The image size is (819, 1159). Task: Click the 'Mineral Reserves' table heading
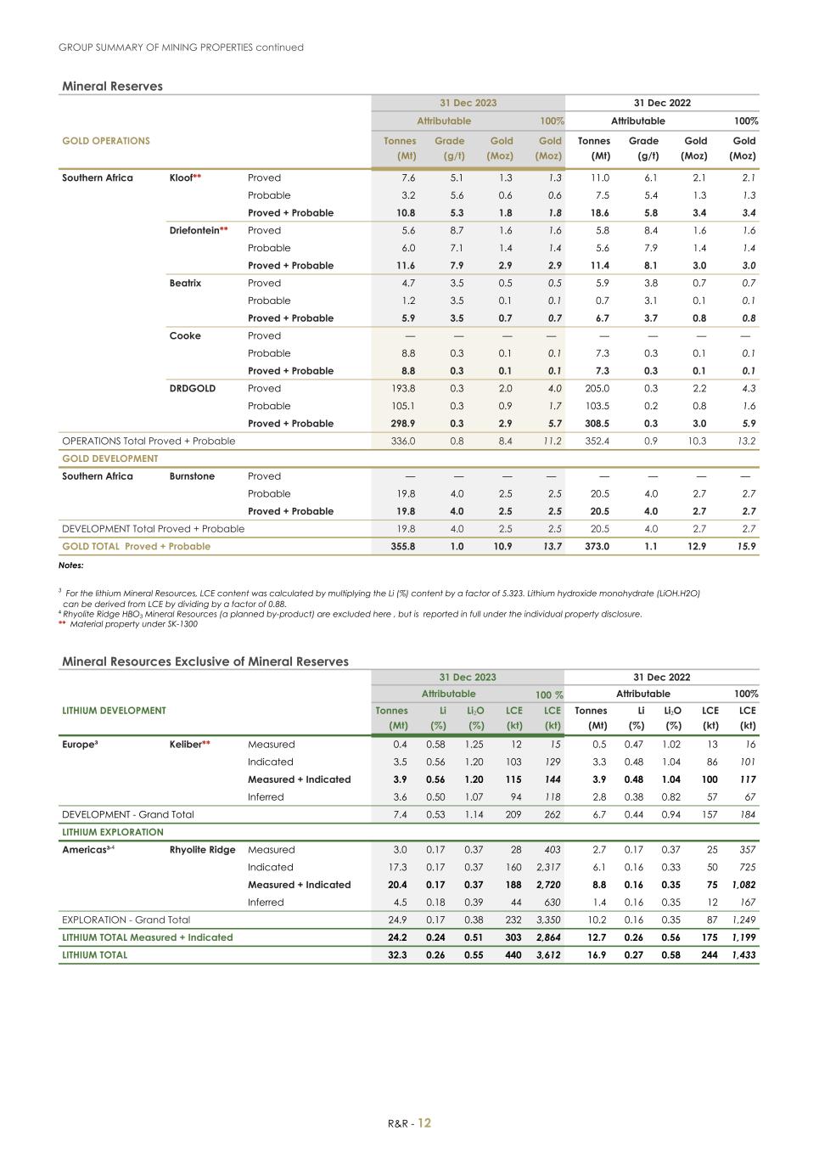click(x=112, y=86)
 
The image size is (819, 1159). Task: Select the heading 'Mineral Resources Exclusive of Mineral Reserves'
click(x=205, y=661)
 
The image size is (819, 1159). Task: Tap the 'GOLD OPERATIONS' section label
click(x=106, y=141)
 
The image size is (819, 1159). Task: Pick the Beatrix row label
click(x=185, y=283)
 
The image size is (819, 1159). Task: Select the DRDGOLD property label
click(x=192, y=388)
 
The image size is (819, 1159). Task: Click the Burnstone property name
click(x=192, y=476)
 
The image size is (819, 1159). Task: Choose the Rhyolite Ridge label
click(x=202, y=850)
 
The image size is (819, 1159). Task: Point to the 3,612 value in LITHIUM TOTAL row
click(x=547, y=955)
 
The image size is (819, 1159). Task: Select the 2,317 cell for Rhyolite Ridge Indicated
click(x=548, y=867)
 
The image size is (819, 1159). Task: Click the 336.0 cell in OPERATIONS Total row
click(x=402, y=442)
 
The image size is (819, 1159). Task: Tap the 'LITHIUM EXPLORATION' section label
click(x=113, y=832)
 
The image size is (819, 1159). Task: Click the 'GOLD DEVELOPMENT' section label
click(x=110, y=459)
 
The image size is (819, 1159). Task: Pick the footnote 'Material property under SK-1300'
click(x=133, y=624)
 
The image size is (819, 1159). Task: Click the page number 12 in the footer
click(x=424, y=1122)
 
